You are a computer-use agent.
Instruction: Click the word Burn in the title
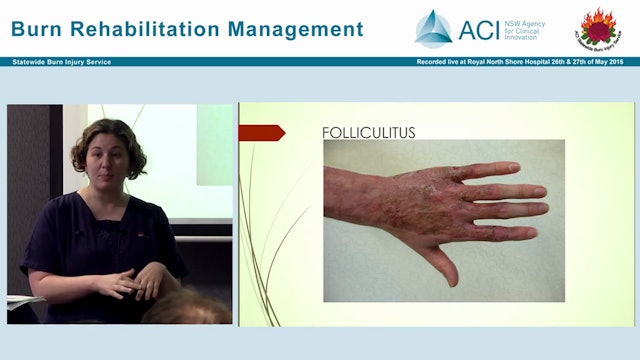39,29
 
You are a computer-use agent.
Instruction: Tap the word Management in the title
299,29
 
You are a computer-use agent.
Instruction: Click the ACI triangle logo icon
433,28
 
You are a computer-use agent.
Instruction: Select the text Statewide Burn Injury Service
62,62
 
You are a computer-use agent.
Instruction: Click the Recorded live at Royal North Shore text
479,62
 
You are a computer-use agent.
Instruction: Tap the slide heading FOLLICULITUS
368,132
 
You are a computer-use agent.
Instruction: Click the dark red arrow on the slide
262,132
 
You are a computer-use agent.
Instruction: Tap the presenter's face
116,163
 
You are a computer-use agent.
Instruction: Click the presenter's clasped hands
134,282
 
